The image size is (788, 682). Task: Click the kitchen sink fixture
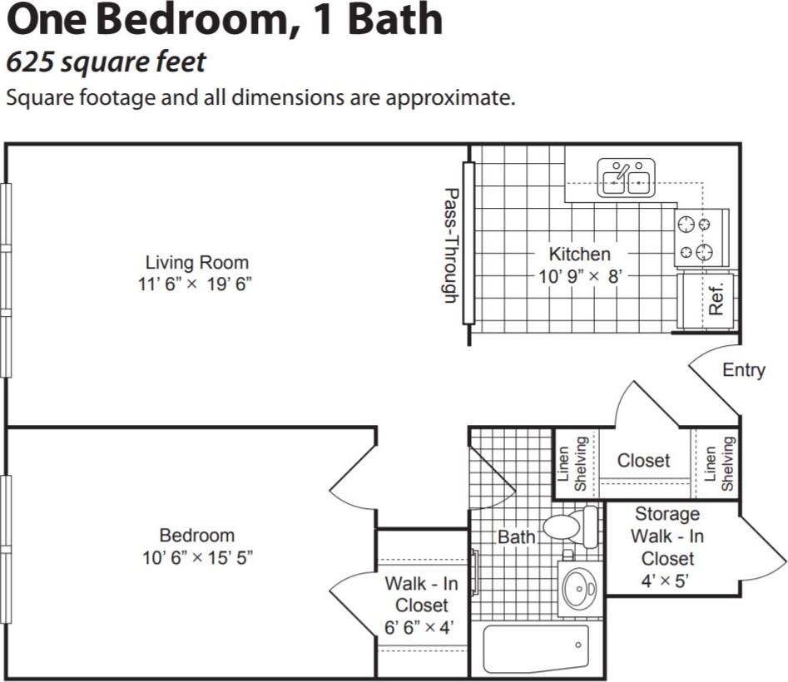pyautogui.click(x=626, y=178)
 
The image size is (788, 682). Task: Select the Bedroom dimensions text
pyautogui.click(x=196, y=557)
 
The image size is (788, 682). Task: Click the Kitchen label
pyautogui.click(x=579, y=254)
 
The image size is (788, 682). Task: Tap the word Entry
pyautogui.click(x=743, y=370)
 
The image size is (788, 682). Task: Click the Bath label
pyautogui.click(x=516, y=537)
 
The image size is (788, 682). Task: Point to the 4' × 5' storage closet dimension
pyautogui.click(x=667, y=580)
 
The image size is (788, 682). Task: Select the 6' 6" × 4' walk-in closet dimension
pyautogui.click(x=420, y=628)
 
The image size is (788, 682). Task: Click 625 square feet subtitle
pyautogui.click(x=105, y=62)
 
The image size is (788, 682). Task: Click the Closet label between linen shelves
pyautogui.click(x=643, y=460)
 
